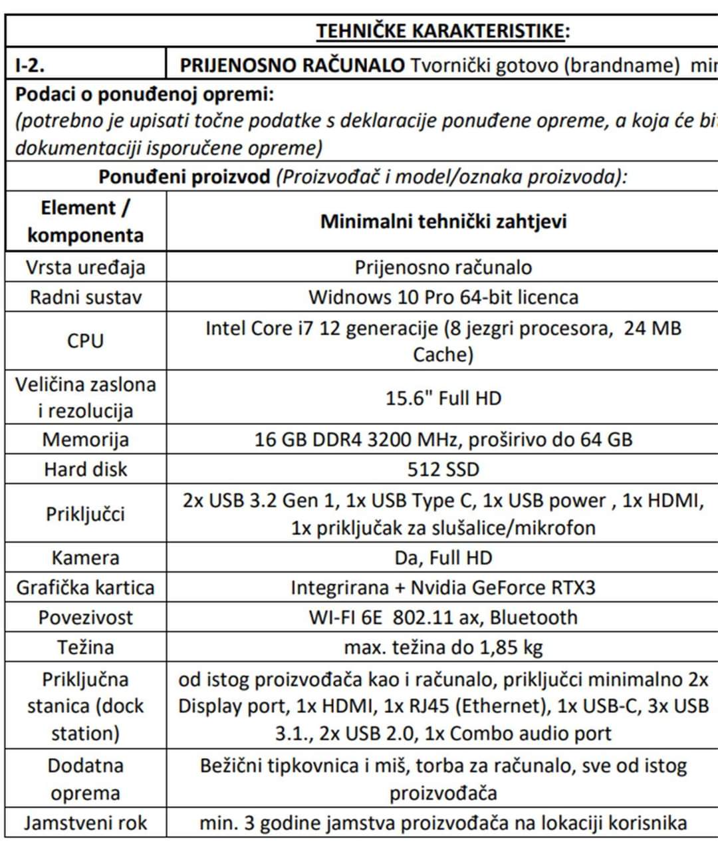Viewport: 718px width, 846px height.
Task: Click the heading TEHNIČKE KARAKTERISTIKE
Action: (x=442, y=31)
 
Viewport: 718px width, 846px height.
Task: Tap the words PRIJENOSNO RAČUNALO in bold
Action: (x=292, y=65)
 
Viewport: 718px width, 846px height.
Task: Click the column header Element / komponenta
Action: (x=85, y=221)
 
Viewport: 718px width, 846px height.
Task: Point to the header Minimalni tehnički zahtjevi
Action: (x=443, y=221)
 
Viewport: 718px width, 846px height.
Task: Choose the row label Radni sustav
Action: (x=85, y=297)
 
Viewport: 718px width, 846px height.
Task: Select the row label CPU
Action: (x=85, y=341)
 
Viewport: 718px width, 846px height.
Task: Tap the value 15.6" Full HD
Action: (x=443, y=398)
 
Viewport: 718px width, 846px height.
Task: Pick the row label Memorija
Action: (x=85, y=440)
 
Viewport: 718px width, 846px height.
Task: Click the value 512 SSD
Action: (x=443, y=470)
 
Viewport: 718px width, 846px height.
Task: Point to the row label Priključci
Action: (x=85, y=514)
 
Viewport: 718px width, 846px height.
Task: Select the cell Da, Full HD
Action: (x=443, y=557)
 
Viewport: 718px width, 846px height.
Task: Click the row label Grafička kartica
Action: (x=85, y=587)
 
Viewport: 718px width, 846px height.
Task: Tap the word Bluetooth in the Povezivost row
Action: (x=534, y=617)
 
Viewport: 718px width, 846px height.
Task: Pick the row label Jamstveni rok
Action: (x=85, y=823)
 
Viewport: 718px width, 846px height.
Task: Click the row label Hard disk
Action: (x=85, y=470)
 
